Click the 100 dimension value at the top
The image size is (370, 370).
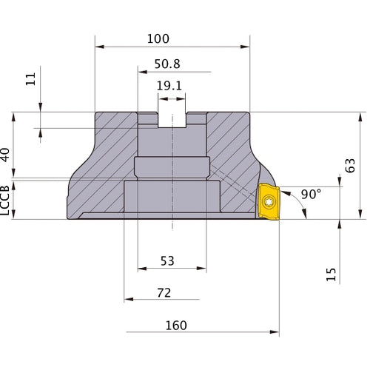(x=158, y=38)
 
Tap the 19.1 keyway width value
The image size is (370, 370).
(x=169, y=85)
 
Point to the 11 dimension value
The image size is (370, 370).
(x=30, y=79)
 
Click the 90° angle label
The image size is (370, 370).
(x=312, y=195)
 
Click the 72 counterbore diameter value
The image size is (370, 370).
(x=164, y=293)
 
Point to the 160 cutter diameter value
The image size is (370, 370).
(x=176, y=326)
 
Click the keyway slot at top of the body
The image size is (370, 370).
(x=172, y=118)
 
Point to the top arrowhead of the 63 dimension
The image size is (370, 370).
(x=361, y=117)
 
